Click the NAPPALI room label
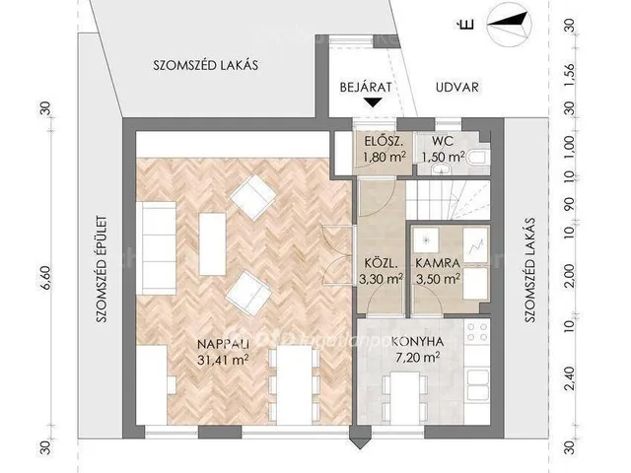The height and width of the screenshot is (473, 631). click(224, 344)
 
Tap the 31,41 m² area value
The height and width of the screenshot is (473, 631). click(223, 360)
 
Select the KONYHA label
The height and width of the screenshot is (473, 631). click(417, 342)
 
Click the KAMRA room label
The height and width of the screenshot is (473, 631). click(438, 264)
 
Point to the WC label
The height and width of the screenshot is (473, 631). click(443, 141)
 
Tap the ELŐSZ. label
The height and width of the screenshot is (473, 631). click(384, 141)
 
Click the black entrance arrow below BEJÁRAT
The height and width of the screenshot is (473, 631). click(374, 102)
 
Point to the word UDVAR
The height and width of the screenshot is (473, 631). click(457, 88)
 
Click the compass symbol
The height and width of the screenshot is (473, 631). click(509, 24)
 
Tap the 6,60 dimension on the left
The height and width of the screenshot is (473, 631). click(47, 278)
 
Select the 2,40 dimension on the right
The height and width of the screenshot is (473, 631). click(569, 378)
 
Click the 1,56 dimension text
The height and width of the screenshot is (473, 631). click(569, 74)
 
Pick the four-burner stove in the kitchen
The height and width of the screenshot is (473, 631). click(477, 331)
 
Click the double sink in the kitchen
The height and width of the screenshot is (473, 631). click(477, 385)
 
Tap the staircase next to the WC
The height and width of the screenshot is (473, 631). click(448, 199)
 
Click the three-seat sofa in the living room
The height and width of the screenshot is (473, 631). click(156, 248)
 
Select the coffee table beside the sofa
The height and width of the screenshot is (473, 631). click(213, 244)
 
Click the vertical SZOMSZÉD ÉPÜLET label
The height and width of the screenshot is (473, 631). click(102, 269)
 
